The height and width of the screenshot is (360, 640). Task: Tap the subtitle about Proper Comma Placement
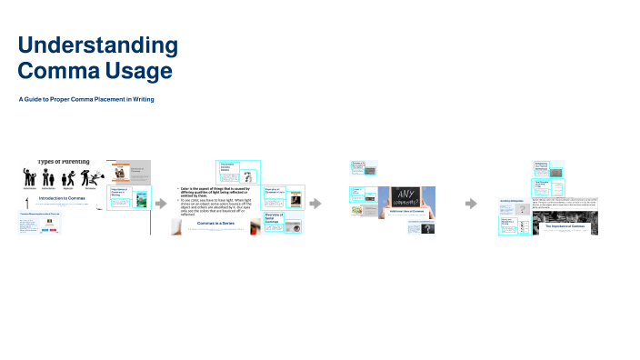click(x=86, y=99)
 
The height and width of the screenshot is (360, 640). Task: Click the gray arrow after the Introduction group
click(x=162, y=204)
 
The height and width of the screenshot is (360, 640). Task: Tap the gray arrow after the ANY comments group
click(x=470, y=204)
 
